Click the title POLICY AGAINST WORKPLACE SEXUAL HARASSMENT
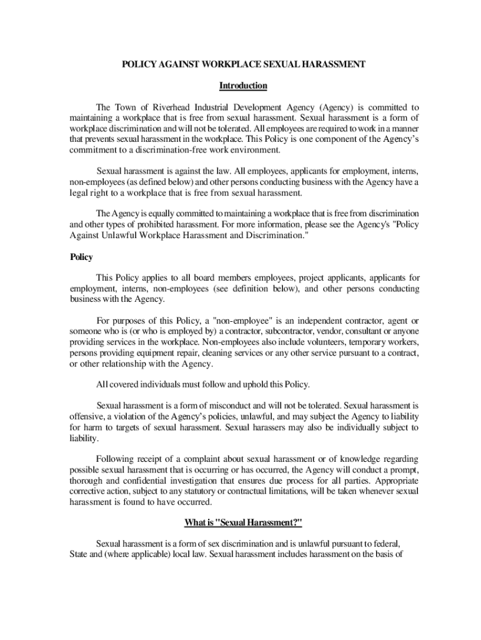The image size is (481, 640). tap(243, 64)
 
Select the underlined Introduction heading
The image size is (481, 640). tap(243, 86)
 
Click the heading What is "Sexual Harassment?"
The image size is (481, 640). tap(243, 522)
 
